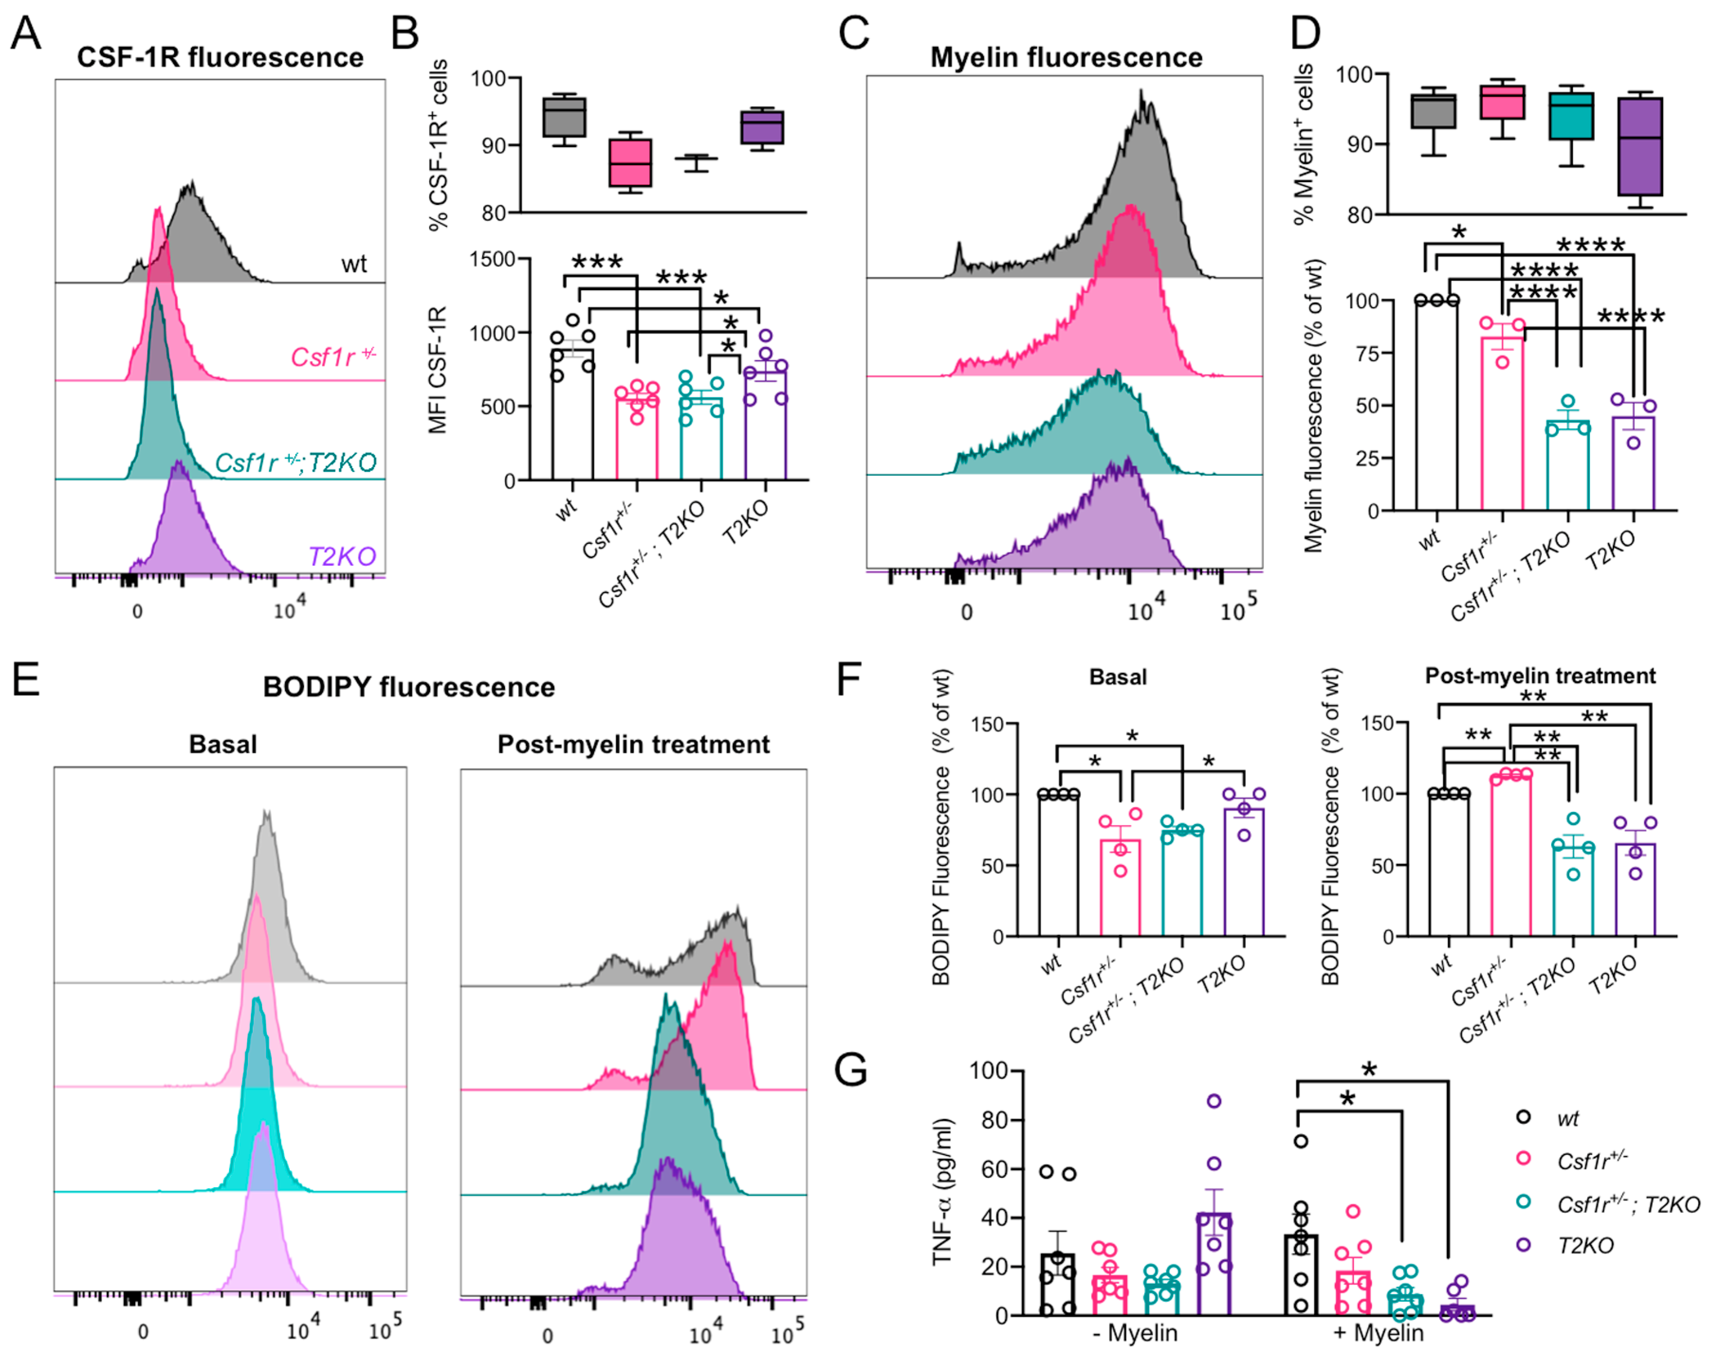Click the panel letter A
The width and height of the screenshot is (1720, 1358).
[x=26, y=33]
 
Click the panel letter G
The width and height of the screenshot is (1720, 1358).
[x=851, y=1069]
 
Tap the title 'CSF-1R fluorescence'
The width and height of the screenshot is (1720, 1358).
[x=220, y=57]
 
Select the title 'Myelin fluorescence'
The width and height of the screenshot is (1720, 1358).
[x=1066, y=57]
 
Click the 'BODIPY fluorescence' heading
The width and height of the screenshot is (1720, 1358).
[x=409, y=687]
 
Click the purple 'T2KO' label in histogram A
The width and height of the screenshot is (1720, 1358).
[x=342, y=556]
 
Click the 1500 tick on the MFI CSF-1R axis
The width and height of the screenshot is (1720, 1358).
[x=493, y=259]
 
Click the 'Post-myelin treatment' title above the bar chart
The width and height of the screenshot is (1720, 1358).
[x=1539, y=676]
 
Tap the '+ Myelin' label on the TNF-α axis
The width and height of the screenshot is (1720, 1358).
[x=1377, y=1332]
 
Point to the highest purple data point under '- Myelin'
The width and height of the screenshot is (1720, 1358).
[x=1214, y=1101]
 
